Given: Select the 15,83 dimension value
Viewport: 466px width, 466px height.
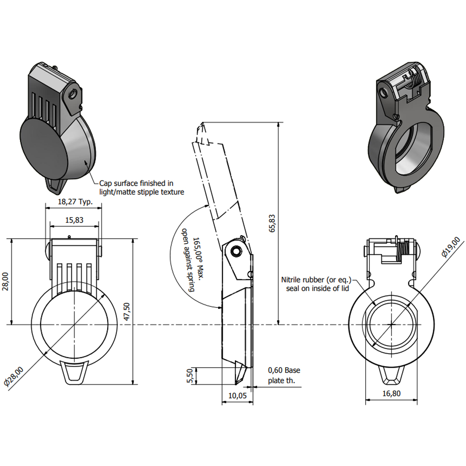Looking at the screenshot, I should (74, 220).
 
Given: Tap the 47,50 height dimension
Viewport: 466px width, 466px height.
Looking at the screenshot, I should (126, 312).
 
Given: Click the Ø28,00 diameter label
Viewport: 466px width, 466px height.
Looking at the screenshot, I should (14, 376).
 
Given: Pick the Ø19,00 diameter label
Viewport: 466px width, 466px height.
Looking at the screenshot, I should (451, 247).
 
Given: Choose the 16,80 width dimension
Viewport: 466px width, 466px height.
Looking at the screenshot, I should (391, 393).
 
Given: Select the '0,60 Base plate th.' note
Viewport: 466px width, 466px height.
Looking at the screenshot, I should (284, 376).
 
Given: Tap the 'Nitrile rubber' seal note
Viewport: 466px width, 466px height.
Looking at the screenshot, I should (316, 284).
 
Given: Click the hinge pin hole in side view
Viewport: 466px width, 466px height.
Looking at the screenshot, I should (237, 251).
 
